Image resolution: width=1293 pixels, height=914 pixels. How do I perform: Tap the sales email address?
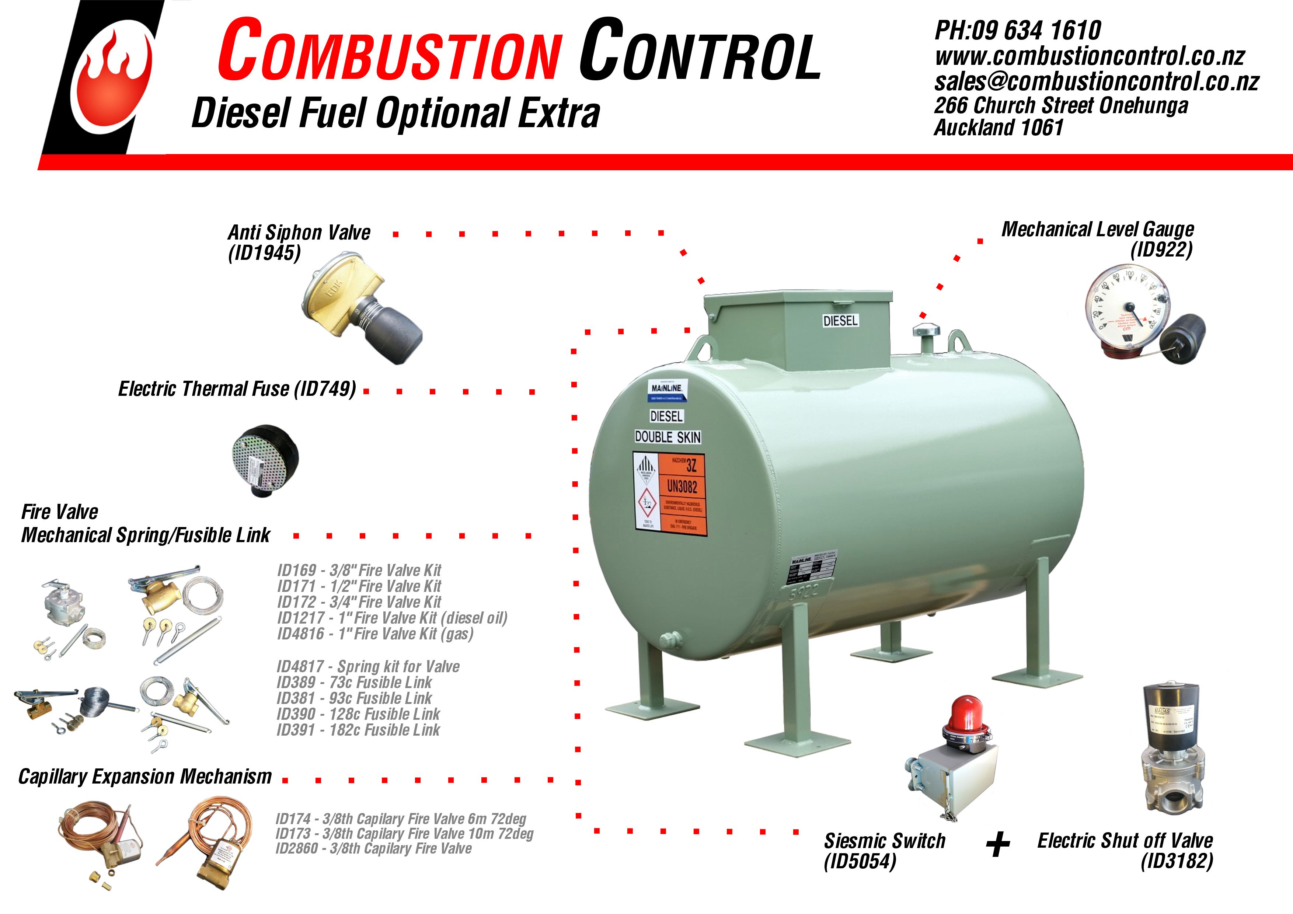pyautogui.click(x=1095, y=82)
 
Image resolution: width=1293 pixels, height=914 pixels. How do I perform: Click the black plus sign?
pyautogui.click(x=998, y=845)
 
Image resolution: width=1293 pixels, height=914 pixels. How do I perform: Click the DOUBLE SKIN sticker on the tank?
pyautogui.click(x=668, y=437)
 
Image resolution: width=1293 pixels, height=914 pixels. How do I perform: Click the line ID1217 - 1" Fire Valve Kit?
pyautogui.click(x=392, y=618)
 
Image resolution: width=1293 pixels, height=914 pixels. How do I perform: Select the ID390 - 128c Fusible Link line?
pyautogui.click(x=358, y=714)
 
